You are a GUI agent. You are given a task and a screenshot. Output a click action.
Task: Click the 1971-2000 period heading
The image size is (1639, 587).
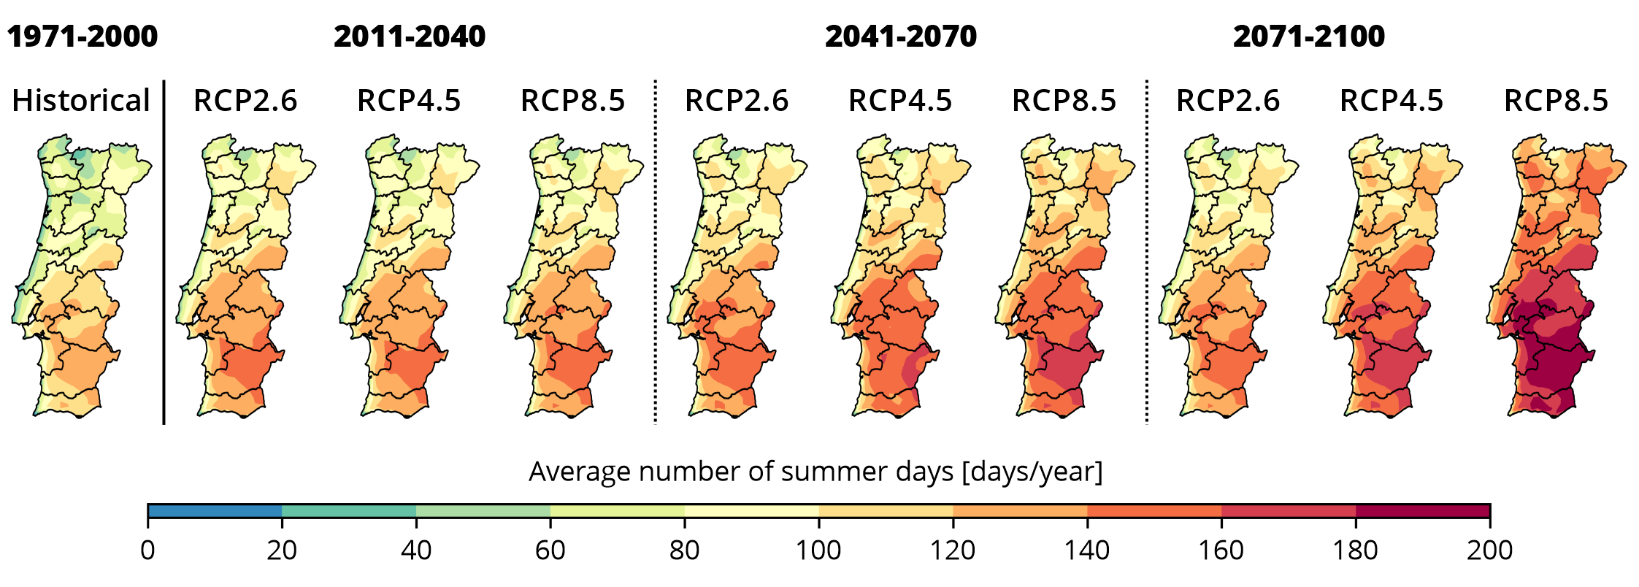[x=82, y=37]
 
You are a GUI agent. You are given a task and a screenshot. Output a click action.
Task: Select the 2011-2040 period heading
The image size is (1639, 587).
[x=410, y=37]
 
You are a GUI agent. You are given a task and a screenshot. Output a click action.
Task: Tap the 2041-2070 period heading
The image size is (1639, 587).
[x=901, y=37]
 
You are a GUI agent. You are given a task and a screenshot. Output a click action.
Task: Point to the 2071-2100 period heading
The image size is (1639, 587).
[x=1309, y=37]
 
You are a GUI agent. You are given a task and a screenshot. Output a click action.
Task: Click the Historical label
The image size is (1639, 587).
[x=81, y=101]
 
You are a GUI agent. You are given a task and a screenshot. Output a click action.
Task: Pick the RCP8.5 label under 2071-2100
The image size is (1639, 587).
[x=1556, y=101]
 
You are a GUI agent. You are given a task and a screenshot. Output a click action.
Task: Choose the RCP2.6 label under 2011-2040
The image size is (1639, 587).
[x=245, y=101]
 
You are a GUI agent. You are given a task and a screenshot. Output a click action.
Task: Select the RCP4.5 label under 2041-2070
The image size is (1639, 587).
[x=900, y=101]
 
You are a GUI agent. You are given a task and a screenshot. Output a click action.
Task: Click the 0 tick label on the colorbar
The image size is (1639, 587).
[x=147, y=550]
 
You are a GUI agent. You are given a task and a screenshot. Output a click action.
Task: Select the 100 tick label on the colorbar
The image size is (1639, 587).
[x=818, y=550]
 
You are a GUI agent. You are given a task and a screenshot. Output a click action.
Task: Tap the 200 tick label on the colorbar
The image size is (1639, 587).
[x=1490, y=550]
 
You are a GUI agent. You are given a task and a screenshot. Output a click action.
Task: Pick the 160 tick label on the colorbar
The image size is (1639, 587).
[x=1221, y=550]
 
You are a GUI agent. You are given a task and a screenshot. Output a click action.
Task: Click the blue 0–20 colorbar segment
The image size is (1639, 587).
[x=215, y=511]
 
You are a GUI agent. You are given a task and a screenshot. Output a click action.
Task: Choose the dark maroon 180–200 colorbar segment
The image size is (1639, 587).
[x=1423, y=511]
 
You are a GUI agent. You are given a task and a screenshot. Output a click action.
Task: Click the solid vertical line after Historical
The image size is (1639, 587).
[x=164, y=252]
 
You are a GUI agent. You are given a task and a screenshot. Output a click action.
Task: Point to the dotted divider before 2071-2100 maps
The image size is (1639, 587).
[x=1147, y=252]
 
